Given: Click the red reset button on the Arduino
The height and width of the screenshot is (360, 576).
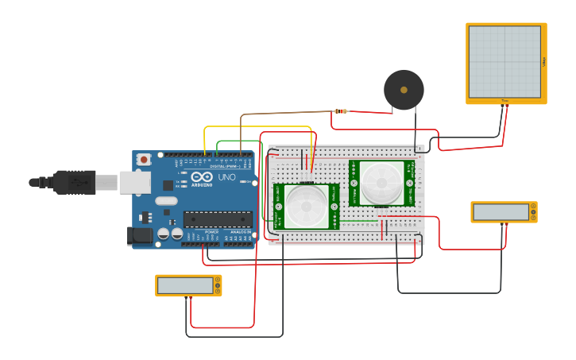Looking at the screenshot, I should click(144, 160).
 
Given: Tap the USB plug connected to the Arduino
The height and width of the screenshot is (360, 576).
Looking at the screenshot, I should click(75, 182).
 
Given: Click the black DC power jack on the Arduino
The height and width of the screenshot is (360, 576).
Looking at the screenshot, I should click(140, 235).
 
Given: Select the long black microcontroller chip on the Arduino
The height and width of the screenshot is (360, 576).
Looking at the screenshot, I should click(218, 219).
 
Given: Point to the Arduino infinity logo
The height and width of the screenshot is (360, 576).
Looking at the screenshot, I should click(202, 176).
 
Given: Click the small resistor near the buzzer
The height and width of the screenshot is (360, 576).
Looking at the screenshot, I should click(341, 111).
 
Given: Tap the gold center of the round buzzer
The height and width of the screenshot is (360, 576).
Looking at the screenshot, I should click(404, 90).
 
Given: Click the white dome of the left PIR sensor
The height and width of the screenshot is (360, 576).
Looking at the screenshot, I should click(306, 206).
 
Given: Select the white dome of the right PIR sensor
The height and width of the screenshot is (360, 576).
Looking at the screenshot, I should click(382, 183).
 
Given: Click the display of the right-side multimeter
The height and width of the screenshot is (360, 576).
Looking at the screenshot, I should click(501, 211).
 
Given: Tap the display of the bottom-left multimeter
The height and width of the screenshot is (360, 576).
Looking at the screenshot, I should click(185, 285).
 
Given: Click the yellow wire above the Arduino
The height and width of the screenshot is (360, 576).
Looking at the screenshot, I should click(258, 127).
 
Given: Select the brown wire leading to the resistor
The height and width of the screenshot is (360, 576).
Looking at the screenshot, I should click(286, 114).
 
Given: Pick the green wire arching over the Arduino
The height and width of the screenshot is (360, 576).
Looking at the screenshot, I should click(238, 142).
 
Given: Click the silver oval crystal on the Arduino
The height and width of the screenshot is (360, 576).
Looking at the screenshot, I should click(166, 201).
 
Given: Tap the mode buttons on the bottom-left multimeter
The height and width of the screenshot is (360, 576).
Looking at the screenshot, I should click(218, 285).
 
